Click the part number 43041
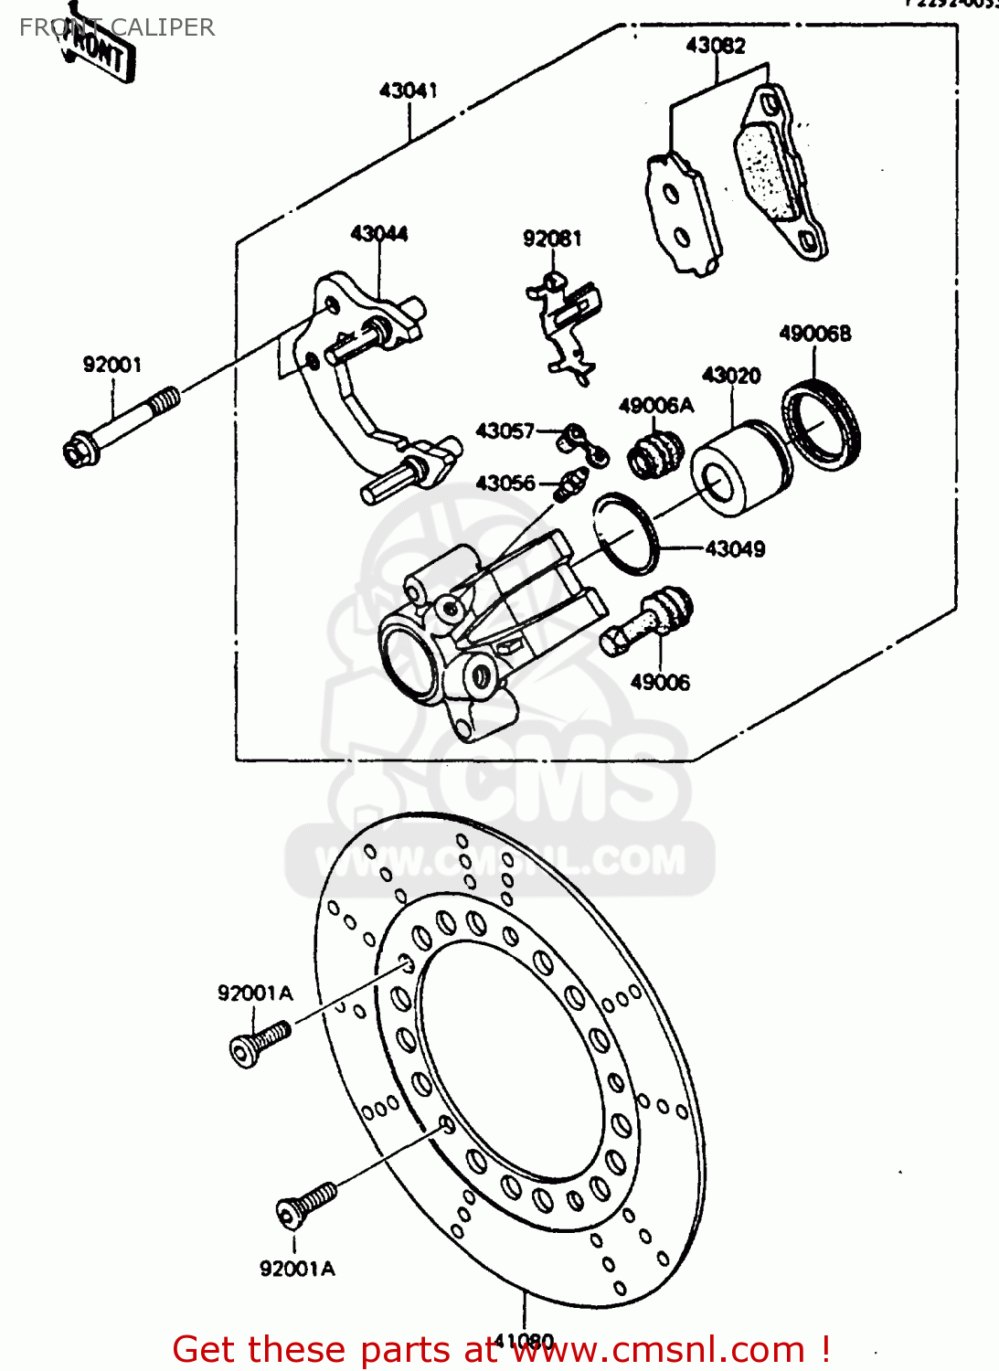click(x=408, y=90)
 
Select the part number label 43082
click(x=716, y=46)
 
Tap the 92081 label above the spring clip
click(x=552, y=239)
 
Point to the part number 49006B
click(x=814, y=334)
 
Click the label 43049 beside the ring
click(x=735, y=549)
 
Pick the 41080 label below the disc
click(x=524, y=1341)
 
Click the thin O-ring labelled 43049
click(x=625, y=534)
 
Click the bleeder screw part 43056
click(x=570, y=483)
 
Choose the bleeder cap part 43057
click(x=582, y=443)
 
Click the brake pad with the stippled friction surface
click(x=780, y=174)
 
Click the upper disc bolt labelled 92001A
click(x=260, y=1043)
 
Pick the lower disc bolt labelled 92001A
click(x=305, y=1203)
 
